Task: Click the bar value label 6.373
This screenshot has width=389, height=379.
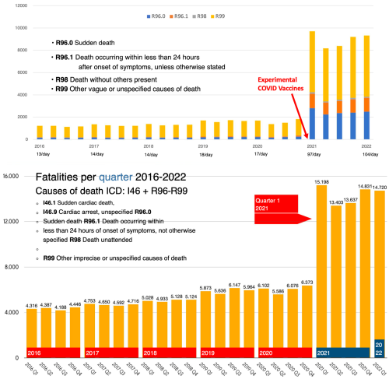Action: (306, 282)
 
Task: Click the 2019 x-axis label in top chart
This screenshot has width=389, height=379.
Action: (202, 146)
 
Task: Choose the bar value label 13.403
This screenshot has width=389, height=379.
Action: (335, 202)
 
